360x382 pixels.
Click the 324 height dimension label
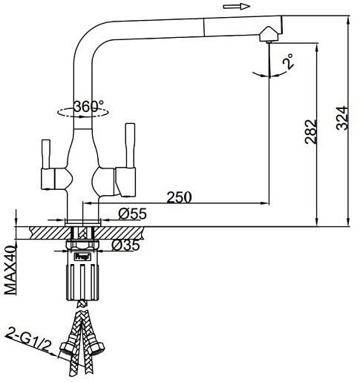pos(343,118)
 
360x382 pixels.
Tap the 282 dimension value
pos(311,132)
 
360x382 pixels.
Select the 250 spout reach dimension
pos(179,197)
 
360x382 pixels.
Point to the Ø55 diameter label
pos(132,214)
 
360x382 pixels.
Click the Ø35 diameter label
pos(125,245)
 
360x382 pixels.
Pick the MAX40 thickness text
pos(10,270)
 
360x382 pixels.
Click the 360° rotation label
pos(89,106)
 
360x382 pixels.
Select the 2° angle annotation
pos(289,61)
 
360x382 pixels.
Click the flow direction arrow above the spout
pos(237,7)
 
